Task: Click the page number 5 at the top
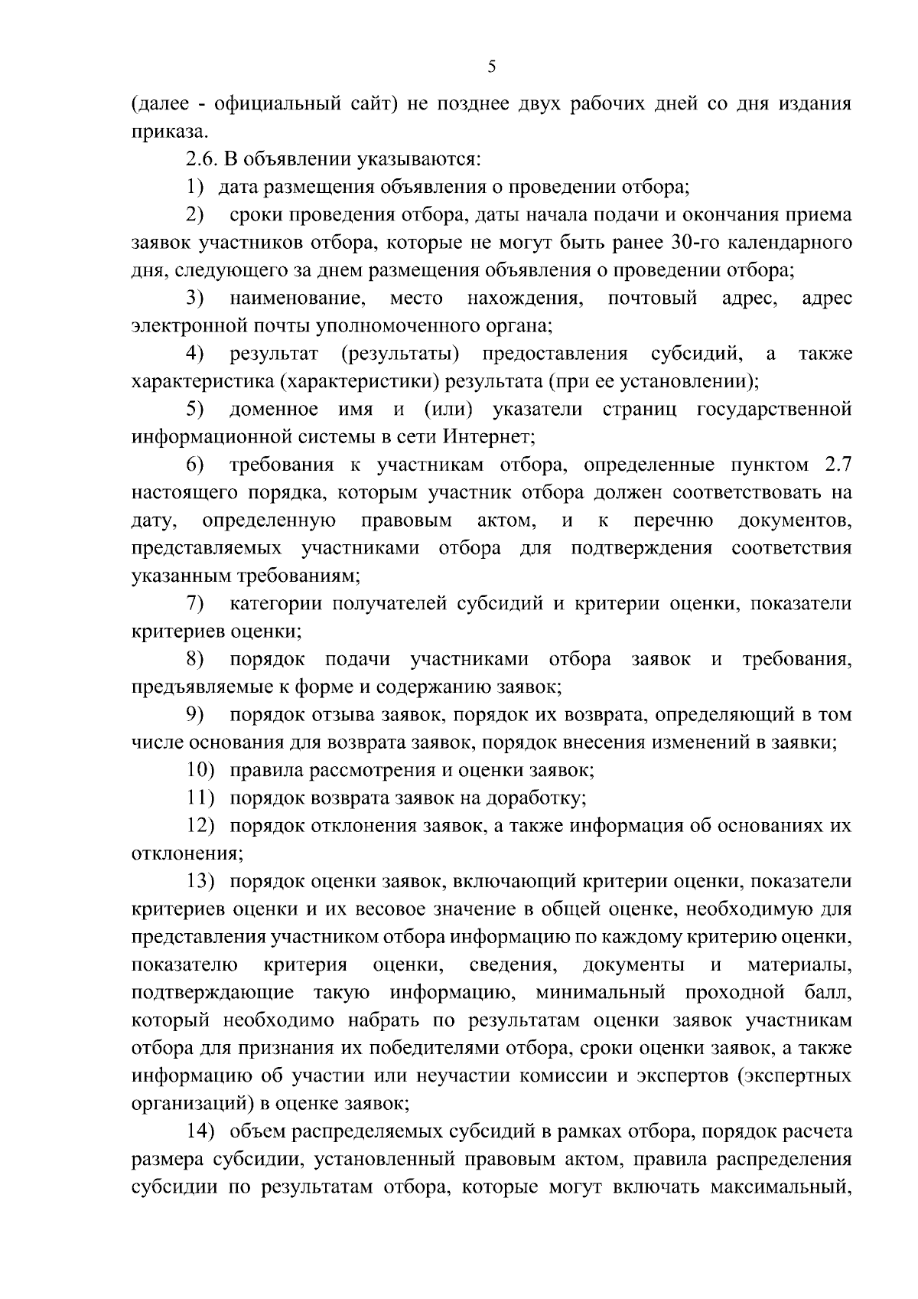click(492, 67)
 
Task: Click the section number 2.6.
click(201, 159)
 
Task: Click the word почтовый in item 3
click(652, 298)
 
